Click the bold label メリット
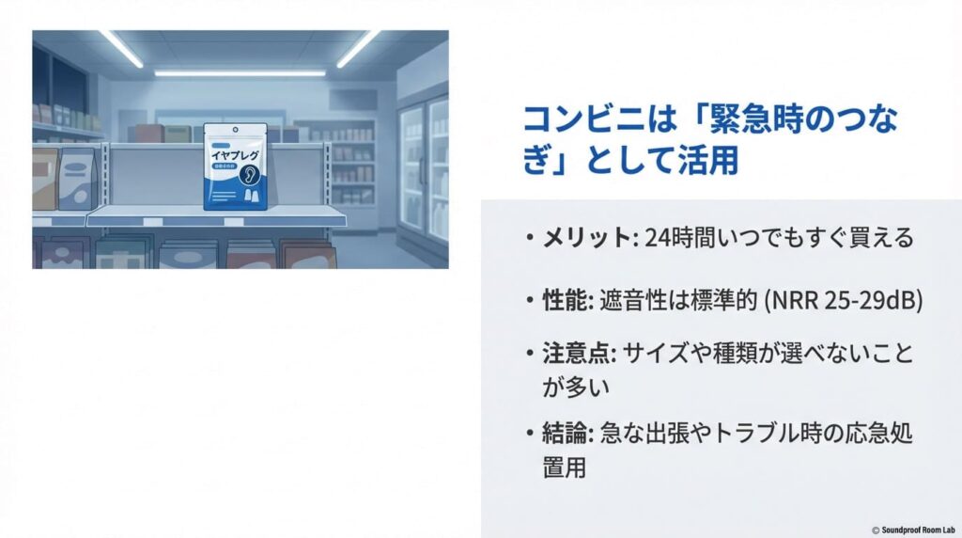(584, 238)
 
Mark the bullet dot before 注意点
(531, 356)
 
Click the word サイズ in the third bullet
(652, 356)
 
